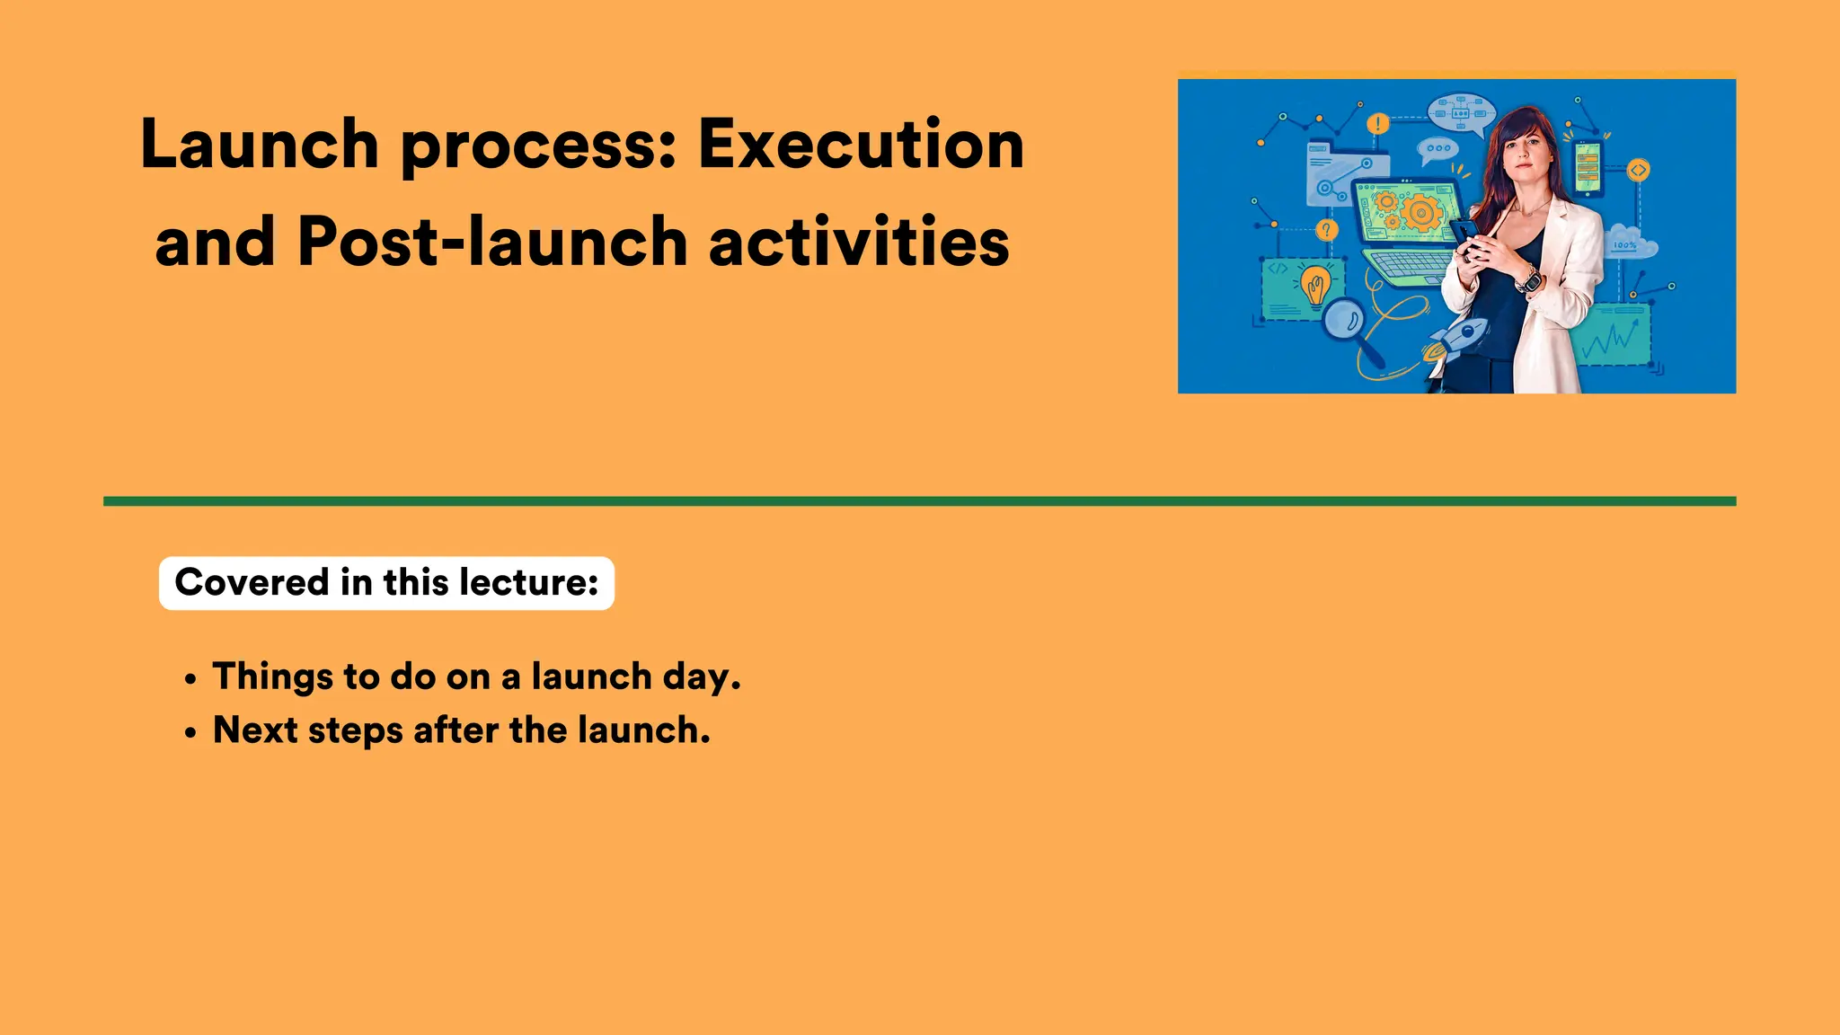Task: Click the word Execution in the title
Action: pyautogui.click(x=861, y=145)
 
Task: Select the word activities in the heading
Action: pyautogui.click(x=859, y=242)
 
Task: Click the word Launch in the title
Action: pyautogui.click(x=260, y=145)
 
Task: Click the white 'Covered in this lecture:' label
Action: pyautogui.click(x=386, y=583)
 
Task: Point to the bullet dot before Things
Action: pyautogui.click(x=190, y=680)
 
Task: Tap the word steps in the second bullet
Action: pyautogui.click(x=355, y=731)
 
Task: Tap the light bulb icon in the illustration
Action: pyautogui.click(x=1317, y=286)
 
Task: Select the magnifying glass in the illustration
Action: pyautogui.click(x=1346, y=320)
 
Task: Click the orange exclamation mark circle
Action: pyautogui.click(x=1377, y=123)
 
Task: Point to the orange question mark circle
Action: pyautogui.click(x=1326, y=230)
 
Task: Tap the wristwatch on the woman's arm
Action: pyautogui.click(x=1529, y=281)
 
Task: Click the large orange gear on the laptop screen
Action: pyautogui.click(x=1420, y=213)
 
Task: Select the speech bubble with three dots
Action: pyautogui.click(x=1437, y=148)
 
